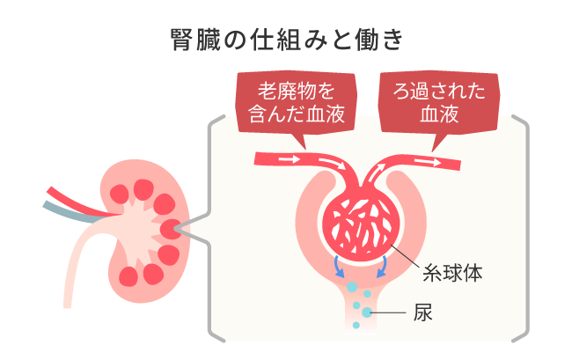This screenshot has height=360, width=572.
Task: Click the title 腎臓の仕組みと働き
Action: click(287, 40)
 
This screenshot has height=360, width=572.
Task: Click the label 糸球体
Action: click(452, 273)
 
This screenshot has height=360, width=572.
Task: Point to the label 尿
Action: click(422, 312)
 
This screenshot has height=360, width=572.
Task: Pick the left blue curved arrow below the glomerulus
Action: click(339, 267)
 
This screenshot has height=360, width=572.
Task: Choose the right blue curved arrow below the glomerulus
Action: click(382, 267)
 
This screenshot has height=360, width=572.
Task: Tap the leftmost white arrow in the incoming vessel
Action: click(289, 159)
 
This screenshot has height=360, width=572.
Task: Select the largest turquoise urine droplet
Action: click(352, 287)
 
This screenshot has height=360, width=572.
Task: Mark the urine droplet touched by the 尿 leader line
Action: click(367, 312)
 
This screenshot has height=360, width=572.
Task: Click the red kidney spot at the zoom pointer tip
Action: click(171, 229)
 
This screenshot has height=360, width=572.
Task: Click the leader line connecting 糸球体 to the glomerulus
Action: click(405, 258)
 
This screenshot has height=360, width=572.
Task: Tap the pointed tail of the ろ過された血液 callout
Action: click(437, 143)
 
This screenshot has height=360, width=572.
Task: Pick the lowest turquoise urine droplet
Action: click(356, 325)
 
